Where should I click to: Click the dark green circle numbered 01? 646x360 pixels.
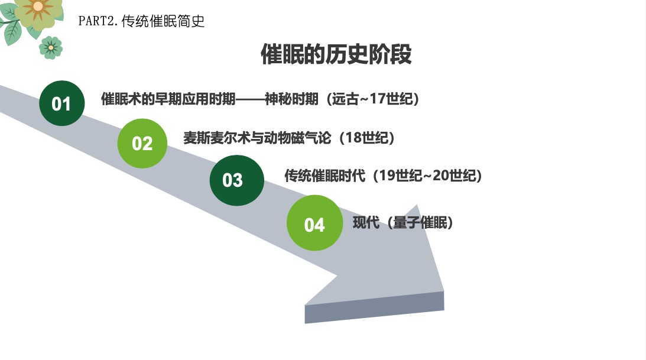62,103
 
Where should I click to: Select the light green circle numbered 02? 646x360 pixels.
142,143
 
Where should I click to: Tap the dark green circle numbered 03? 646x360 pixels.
237,180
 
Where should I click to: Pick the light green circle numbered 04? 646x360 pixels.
315,223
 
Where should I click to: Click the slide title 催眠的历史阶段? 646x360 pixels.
336,54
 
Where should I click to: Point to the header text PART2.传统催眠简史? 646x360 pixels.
141,21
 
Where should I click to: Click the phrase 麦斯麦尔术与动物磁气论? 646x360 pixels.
257,138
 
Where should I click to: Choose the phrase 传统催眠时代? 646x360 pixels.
324,176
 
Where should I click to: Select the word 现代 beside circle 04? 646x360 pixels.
366,223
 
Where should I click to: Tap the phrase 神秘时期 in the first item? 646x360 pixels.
291,99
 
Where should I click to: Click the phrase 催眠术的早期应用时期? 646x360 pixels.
168,99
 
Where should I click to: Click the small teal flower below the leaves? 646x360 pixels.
51,47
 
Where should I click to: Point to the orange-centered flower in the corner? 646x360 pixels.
37,9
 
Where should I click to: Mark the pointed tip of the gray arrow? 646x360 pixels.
444,291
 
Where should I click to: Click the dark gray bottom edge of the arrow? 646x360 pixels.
375,307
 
